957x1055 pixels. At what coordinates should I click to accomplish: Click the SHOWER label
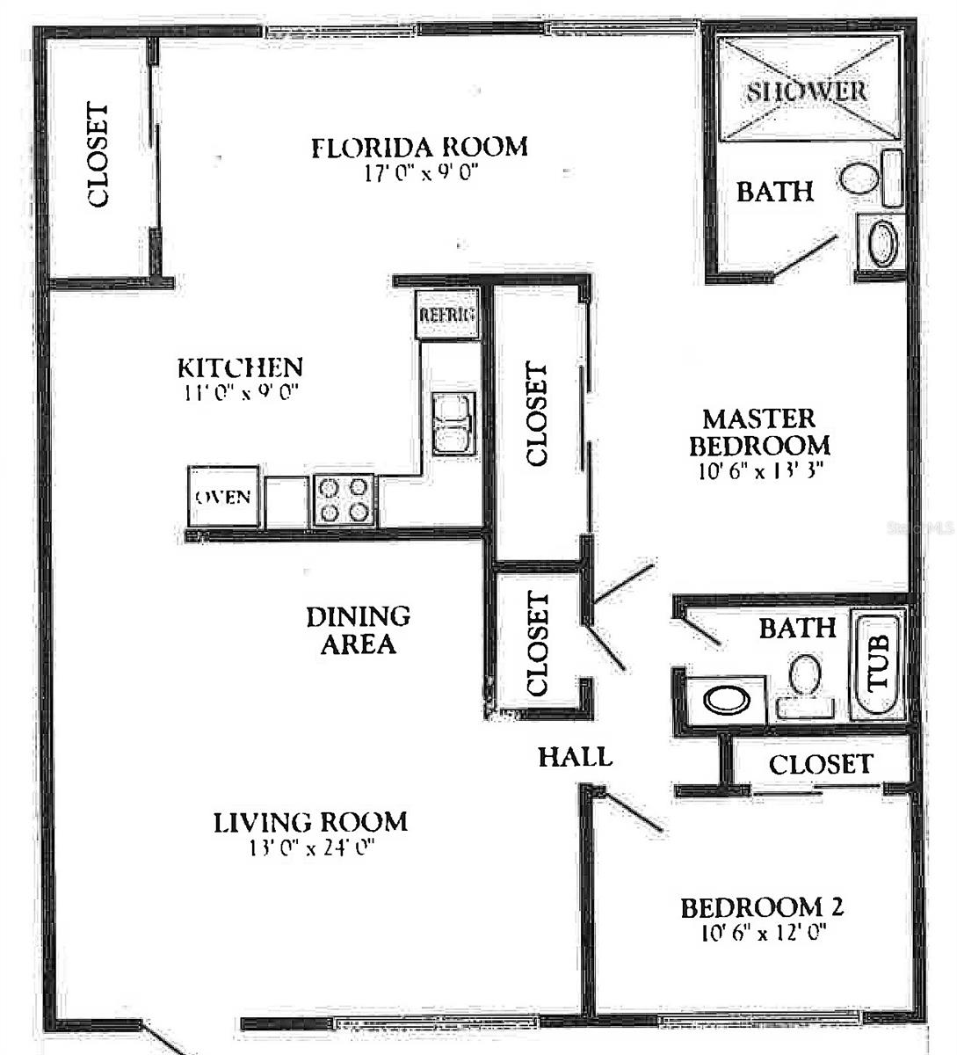[x=807, y=91]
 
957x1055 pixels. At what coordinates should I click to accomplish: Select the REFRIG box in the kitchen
[x=447, y=315]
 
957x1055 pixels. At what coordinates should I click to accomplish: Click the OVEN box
[x=223, y=497]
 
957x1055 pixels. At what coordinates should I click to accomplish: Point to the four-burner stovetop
[x=344, y=500]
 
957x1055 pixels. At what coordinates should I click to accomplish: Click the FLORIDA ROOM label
[x=419, y=146]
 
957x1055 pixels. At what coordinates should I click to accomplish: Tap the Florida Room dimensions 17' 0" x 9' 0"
[x=420, y=173]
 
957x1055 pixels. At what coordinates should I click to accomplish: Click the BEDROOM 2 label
[x=763, y=906]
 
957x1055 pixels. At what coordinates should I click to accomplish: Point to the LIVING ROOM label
[x=311, y=822]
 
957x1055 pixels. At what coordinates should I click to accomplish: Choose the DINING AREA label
[x=358, y=629]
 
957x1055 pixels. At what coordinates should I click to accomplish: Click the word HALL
[x=575, y=756]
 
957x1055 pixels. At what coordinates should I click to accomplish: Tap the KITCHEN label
[x=240, y=367]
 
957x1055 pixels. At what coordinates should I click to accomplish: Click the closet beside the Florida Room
[x=98, y=156]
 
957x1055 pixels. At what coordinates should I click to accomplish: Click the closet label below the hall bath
[x=820, y=764]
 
